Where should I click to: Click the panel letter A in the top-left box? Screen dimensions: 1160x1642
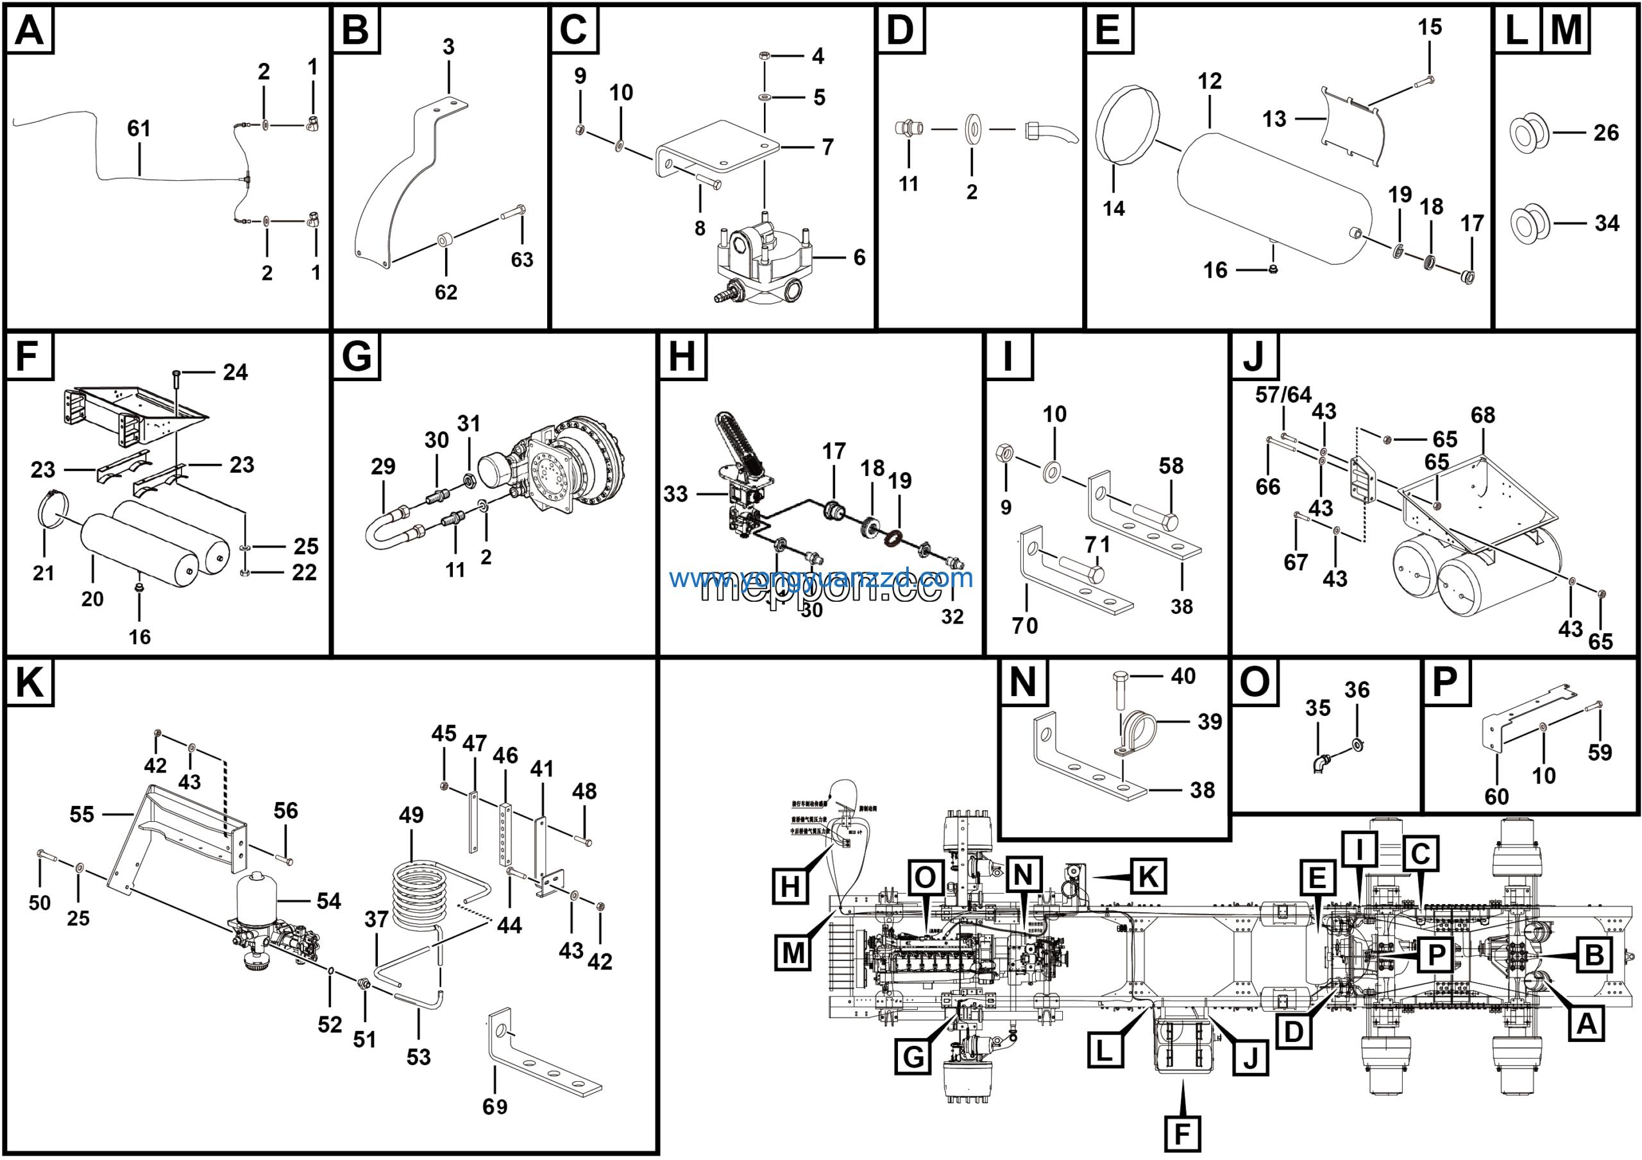click(x=30, y=30)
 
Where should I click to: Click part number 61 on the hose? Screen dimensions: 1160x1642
click(x=139, y=129)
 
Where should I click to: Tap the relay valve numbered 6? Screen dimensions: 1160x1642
click(x=764, y=261)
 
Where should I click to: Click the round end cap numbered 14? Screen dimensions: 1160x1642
click(x=1128, y=124)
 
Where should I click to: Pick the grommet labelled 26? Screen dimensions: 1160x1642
click(x=1530, y=133)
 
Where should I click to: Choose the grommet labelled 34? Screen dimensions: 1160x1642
click(x=1530, y=223)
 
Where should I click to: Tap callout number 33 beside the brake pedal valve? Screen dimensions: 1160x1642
click(x=675, y=494)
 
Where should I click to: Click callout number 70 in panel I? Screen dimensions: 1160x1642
click(x=1025, y=626)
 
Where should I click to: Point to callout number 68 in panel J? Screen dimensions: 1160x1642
click(x=1482, y=416)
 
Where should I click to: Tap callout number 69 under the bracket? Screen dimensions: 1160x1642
click(x=495, y=1107)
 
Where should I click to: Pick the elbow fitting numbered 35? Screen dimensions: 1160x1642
click(x=1320, y=763)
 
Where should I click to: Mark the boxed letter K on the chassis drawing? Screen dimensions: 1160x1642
click(x=1149, y=877)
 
